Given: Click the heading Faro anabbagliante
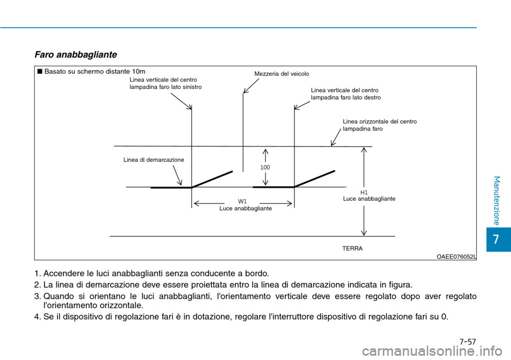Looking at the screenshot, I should tap(75, 55).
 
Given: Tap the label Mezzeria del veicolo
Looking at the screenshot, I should tap(282, 74).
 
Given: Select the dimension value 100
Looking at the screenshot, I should tap(265, 167).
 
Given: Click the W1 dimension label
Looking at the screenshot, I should tap(243, 201).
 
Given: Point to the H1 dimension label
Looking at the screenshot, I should tap(364, 192).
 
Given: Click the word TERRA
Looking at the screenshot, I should tap(352, 249).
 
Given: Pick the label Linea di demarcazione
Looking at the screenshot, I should tap(154, 160).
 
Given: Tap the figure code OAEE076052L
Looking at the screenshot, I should tap(456, 256).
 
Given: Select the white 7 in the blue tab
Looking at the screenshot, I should tap(496, 239).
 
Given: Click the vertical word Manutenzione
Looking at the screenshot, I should tap(496, 200).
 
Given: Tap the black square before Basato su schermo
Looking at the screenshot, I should tap(39, 71).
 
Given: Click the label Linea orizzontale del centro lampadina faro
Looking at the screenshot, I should tap(380, 125).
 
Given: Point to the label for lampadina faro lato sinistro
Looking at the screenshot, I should tap(166, 83).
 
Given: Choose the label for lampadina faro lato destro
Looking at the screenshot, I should tap(345, 94).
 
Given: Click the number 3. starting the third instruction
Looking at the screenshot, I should tap(38, 296).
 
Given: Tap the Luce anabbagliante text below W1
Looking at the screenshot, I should tap(245, 209).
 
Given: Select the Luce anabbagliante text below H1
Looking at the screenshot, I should tap(369, 198).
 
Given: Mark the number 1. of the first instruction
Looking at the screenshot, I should tap(38, 274).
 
